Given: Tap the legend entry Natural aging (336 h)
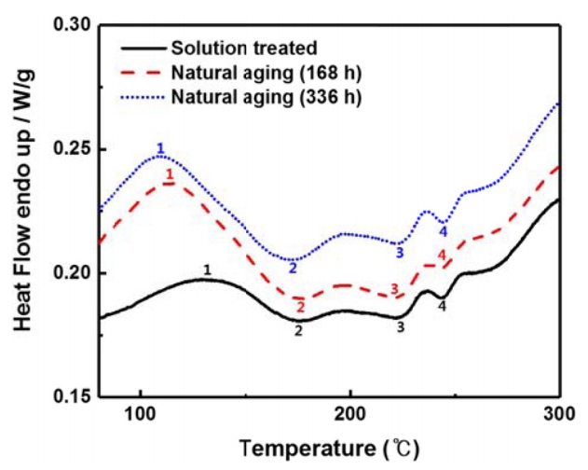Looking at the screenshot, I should (x=259, y=96).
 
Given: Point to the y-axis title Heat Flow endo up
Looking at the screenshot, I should (x=21, y=210).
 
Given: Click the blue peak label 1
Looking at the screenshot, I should (x=160, y=148).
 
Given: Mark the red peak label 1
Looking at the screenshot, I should (x=169, y=174).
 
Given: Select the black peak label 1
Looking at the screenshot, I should (x=207, y=270).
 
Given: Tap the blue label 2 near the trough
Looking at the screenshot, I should (x=293, y=269).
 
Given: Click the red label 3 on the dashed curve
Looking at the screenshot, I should (x=394, y=289).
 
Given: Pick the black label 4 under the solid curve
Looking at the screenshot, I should (x=442, y=306).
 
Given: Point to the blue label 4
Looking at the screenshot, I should (x=444, y=231).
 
